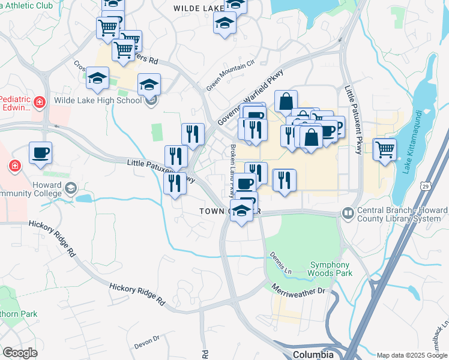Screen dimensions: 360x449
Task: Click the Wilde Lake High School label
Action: pos(98,100)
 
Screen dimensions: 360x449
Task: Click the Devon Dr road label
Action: pos(147,343)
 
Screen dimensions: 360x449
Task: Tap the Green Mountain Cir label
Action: pos(231,75)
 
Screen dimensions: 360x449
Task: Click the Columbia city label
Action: pos(313,354)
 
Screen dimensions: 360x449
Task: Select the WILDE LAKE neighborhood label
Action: pos(198,8)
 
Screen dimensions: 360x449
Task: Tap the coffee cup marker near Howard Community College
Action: pos(40,152)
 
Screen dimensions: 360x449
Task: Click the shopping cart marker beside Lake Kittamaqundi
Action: pos(384,149)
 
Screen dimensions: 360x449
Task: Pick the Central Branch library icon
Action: pos(348,213)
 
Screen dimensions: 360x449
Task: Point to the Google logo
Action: pos(20,353)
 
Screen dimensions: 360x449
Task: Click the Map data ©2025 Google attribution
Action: pos(411,355)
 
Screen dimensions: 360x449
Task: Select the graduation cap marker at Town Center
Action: pos(241,211)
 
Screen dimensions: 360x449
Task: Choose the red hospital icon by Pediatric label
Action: pos(40,103)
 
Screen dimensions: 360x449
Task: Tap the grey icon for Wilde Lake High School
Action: pos(151,100)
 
